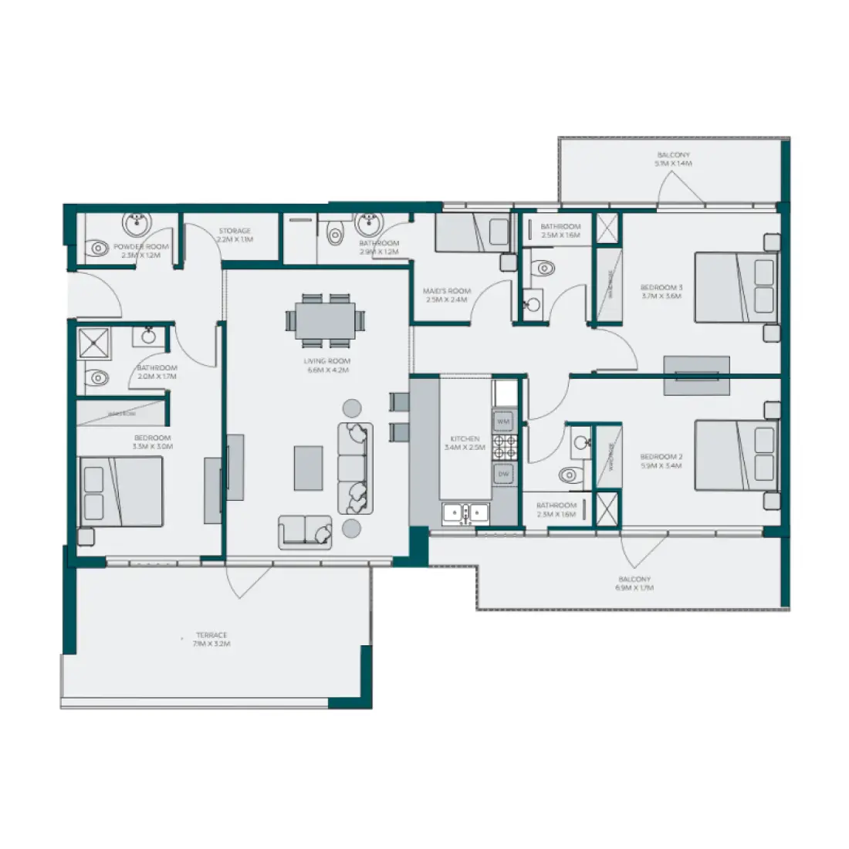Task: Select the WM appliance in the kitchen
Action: coord(503,422)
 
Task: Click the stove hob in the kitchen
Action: coord(506,448)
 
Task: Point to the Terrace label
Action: coord(211,639)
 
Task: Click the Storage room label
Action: coord(235,235)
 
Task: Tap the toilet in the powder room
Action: coord(98,249)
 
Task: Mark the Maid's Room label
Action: coord(447,296)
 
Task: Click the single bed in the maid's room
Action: coord(471,233)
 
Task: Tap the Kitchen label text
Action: coord(465,443)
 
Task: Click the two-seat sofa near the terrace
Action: coord(306,532)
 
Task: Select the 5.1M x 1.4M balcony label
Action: coord(674,160)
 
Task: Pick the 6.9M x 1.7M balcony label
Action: coord(634,583)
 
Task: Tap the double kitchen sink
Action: coord(465,513)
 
